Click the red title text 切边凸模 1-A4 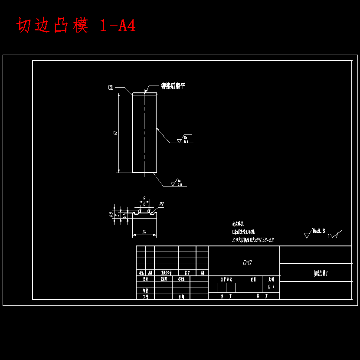(x=76, y=26)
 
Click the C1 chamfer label (x=111, y=88)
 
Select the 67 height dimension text (x=116, y=133)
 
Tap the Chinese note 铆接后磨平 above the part (x=173, y=86)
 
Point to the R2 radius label (x=162, y=204)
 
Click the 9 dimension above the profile (x=144, y=199)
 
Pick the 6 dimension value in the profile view (x=144, y=204)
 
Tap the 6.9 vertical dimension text (x=112, y=214)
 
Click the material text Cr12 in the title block (x=247, y=262)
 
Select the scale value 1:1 (x=271, y=287)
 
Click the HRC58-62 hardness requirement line (x=253, y=239)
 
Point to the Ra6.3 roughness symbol (x=315, y=232)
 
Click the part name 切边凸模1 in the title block (x=321, y=274)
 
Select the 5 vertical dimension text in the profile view (x=118, y=215)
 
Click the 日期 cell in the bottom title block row (x=181, y=297)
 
